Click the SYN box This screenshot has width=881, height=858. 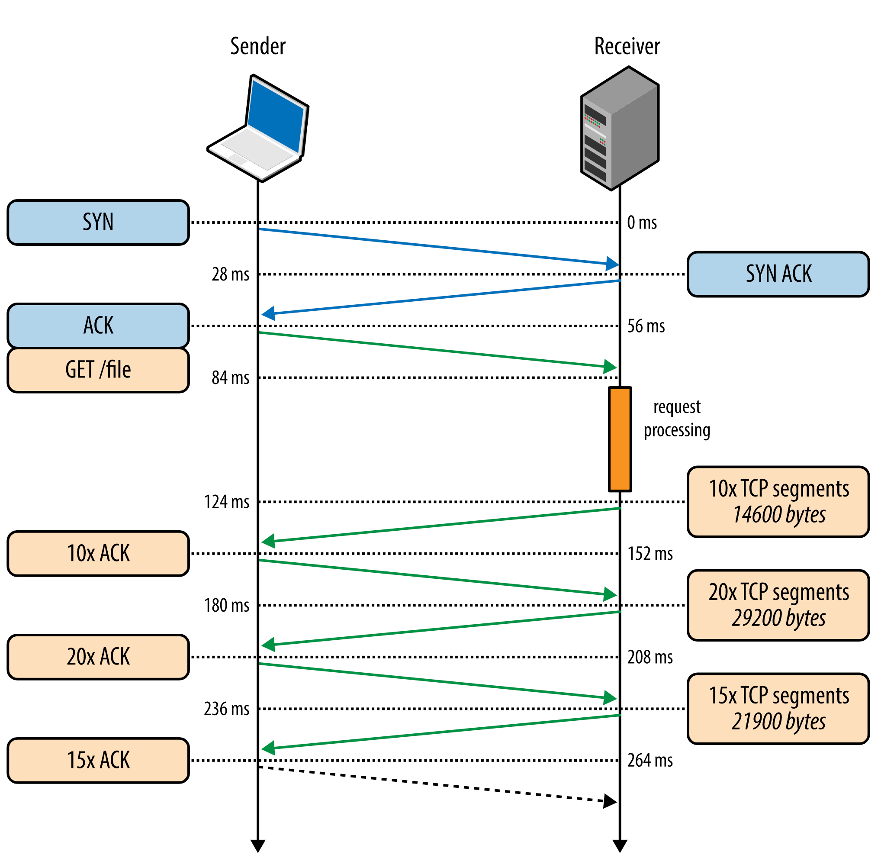point(98,223)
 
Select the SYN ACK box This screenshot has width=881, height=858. point(778,274)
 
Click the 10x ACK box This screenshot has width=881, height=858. point(98,554)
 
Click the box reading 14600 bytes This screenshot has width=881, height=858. point(778,502)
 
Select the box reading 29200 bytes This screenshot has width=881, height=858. point(778,606)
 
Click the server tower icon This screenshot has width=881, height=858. point(620,129)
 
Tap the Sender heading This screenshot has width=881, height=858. point(257,46)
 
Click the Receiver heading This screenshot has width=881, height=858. point(627,46)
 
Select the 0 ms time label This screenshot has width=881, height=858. point(642,223)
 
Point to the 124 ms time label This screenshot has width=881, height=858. point(227,502)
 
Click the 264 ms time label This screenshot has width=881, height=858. point(650,761)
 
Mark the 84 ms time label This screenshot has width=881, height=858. point(230,377)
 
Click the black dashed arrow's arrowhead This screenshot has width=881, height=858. point(610,802)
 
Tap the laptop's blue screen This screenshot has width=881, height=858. point(276,116)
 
